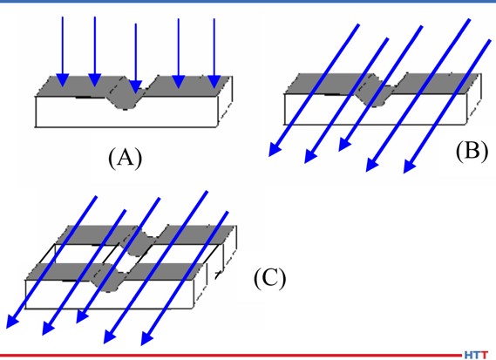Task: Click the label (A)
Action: point(126,158)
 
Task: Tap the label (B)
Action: point(472,151)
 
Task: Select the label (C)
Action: point(270,278)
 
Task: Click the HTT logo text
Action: point(477,355)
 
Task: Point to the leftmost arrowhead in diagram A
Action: point(63,79)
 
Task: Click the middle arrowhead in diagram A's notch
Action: point(136,86)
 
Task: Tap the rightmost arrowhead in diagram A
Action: point(214,82)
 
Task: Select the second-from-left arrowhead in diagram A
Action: point(95,79)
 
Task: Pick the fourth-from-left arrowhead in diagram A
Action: point(179,81)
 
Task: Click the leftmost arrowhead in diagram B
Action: point(274,149)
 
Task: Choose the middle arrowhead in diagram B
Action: point(344,144)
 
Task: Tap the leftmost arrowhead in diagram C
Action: point(11,321)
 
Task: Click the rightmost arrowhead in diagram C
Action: point(146,338)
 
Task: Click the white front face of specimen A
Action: point(126,116)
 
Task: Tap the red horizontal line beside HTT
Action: point(231,356)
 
